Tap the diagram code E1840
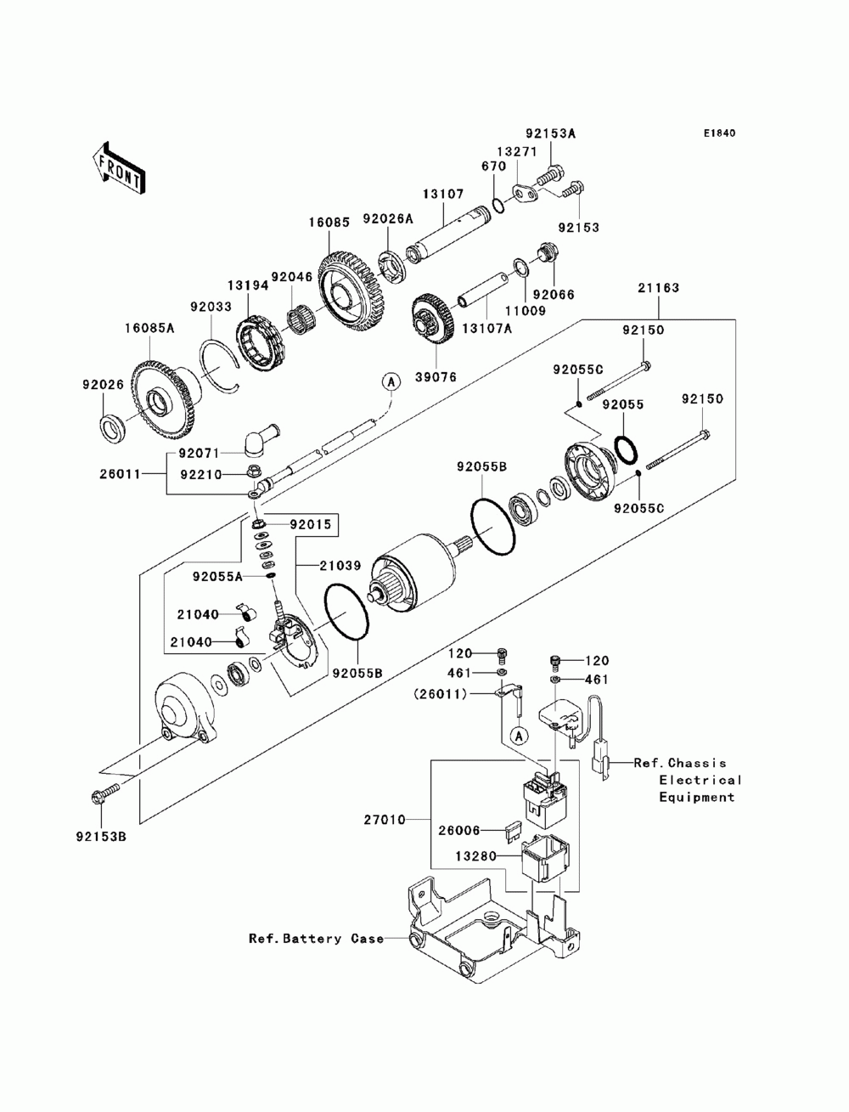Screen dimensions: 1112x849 click(718, 133)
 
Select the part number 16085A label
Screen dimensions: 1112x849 click(149, 327)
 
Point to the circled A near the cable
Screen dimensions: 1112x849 click(391, 382)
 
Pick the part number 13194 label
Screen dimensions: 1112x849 click(247, 286)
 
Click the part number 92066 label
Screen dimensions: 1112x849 click(553, 295)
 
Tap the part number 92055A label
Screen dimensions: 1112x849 click(217, 576)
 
